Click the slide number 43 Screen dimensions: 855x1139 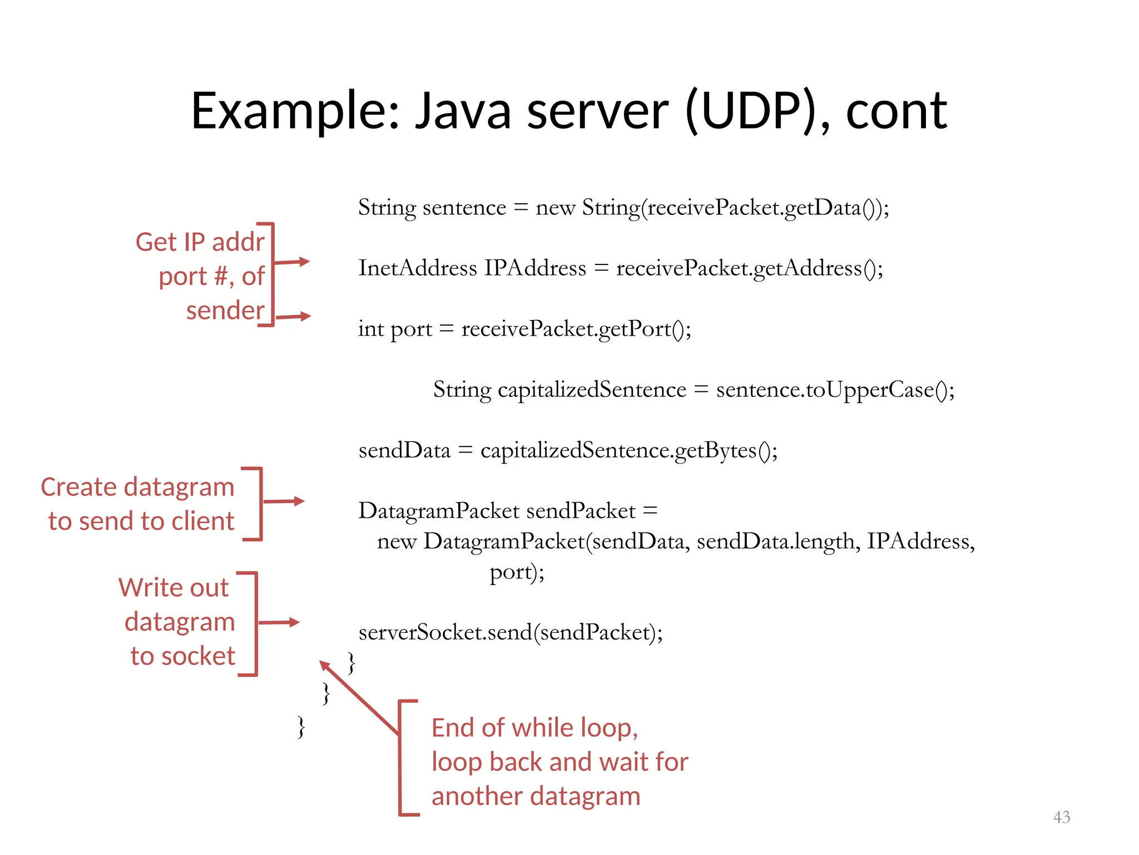point(1061,817)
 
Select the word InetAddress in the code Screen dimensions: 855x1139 point(417,268)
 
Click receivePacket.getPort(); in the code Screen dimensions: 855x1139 point(576,328)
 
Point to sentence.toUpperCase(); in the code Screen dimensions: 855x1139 point(835,389)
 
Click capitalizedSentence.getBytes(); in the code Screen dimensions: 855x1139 point(628,450)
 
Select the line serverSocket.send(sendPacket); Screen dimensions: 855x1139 point(511,632)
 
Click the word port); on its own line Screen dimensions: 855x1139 point(517,572)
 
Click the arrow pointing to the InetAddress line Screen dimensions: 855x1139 point(292,262)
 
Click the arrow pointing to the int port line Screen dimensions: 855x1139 point(294,317)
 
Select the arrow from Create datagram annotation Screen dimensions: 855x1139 point(284,502)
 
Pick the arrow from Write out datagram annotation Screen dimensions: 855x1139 point(279,622)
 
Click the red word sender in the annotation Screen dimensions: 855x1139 point(225,310)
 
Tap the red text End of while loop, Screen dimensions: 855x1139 point(534,728)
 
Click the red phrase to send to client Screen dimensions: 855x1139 point(141,521)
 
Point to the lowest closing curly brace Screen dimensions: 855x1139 point(301,726)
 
